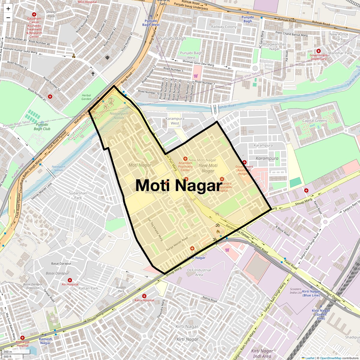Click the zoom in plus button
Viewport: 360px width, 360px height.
8,8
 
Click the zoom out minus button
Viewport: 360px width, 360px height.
8,18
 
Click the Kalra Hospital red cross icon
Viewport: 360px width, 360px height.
144,296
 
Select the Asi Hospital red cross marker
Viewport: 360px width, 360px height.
70,280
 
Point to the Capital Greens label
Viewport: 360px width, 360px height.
314,121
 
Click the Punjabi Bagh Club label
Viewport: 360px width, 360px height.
42,127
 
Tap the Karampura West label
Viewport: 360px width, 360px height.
175,121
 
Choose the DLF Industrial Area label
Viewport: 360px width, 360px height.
199,272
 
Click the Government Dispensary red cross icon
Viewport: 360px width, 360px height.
319,51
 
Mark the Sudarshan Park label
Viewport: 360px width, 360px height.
78,195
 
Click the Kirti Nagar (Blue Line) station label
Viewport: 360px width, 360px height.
311,293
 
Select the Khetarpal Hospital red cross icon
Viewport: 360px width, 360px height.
22,338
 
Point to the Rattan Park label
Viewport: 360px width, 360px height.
88,288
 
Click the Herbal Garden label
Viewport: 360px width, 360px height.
86,97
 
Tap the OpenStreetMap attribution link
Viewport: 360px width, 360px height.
330,358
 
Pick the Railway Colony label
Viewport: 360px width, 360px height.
224,27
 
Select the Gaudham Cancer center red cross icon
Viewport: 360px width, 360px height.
34,14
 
